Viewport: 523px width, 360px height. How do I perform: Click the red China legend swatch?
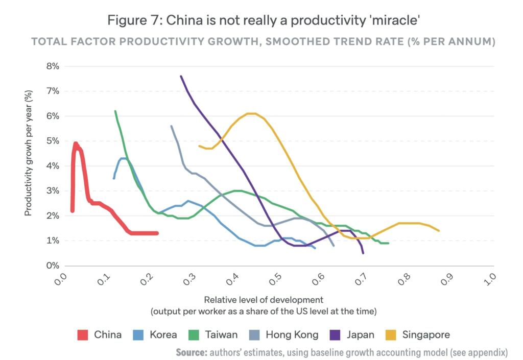[83, 335]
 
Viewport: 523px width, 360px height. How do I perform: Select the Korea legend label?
[163, 335]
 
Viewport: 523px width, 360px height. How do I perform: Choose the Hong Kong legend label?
[292, 335]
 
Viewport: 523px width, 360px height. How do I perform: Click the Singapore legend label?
[426, 335]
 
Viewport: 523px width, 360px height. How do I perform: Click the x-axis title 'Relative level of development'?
[264, 300]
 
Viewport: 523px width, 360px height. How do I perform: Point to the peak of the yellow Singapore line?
[250, 113]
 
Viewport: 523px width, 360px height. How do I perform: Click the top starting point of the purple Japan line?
[181, 76]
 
